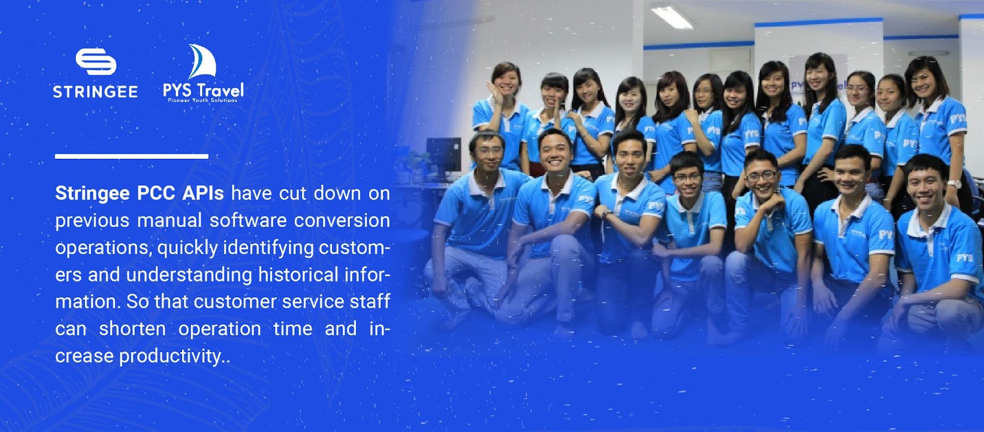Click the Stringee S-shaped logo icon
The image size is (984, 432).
pyautogui.click(x=96, y=62)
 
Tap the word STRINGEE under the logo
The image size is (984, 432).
pyautogui.click(x=95, y=92)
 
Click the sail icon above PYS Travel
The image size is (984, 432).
pyautogui.click(x=202, y=61)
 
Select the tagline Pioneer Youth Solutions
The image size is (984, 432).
pyautogui.click(x=202, y=100)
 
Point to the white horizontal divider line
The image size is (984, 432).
pyautogui.click(x=132, y=156)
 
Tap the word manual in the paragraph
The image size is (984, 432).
pyautogui.click(x=170, y=220)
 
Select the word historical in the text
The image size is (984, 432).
pyautogui.click(x=298, y=274)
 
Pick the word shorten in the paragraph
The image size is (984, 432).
pyautogui.click(x=132, y=329)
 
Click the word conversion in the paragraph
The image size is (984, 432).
pyautogui.click(x=342, y=220)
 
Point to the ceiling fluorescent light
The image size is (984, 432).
pyautogui.click(x=671, y=17)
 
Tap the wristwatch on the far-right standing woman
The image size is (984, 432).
pyautogui.click(x=954, y=184)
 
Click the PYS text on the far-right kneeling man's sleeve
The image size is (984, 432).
pyautogui.click(x=964, y=257)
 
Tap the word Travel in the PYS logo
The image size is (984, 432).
pyautogui.click(x=220, y=90)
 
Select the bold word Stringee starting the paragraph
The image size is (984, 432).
pyautogui.click(x=92, y=194)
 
